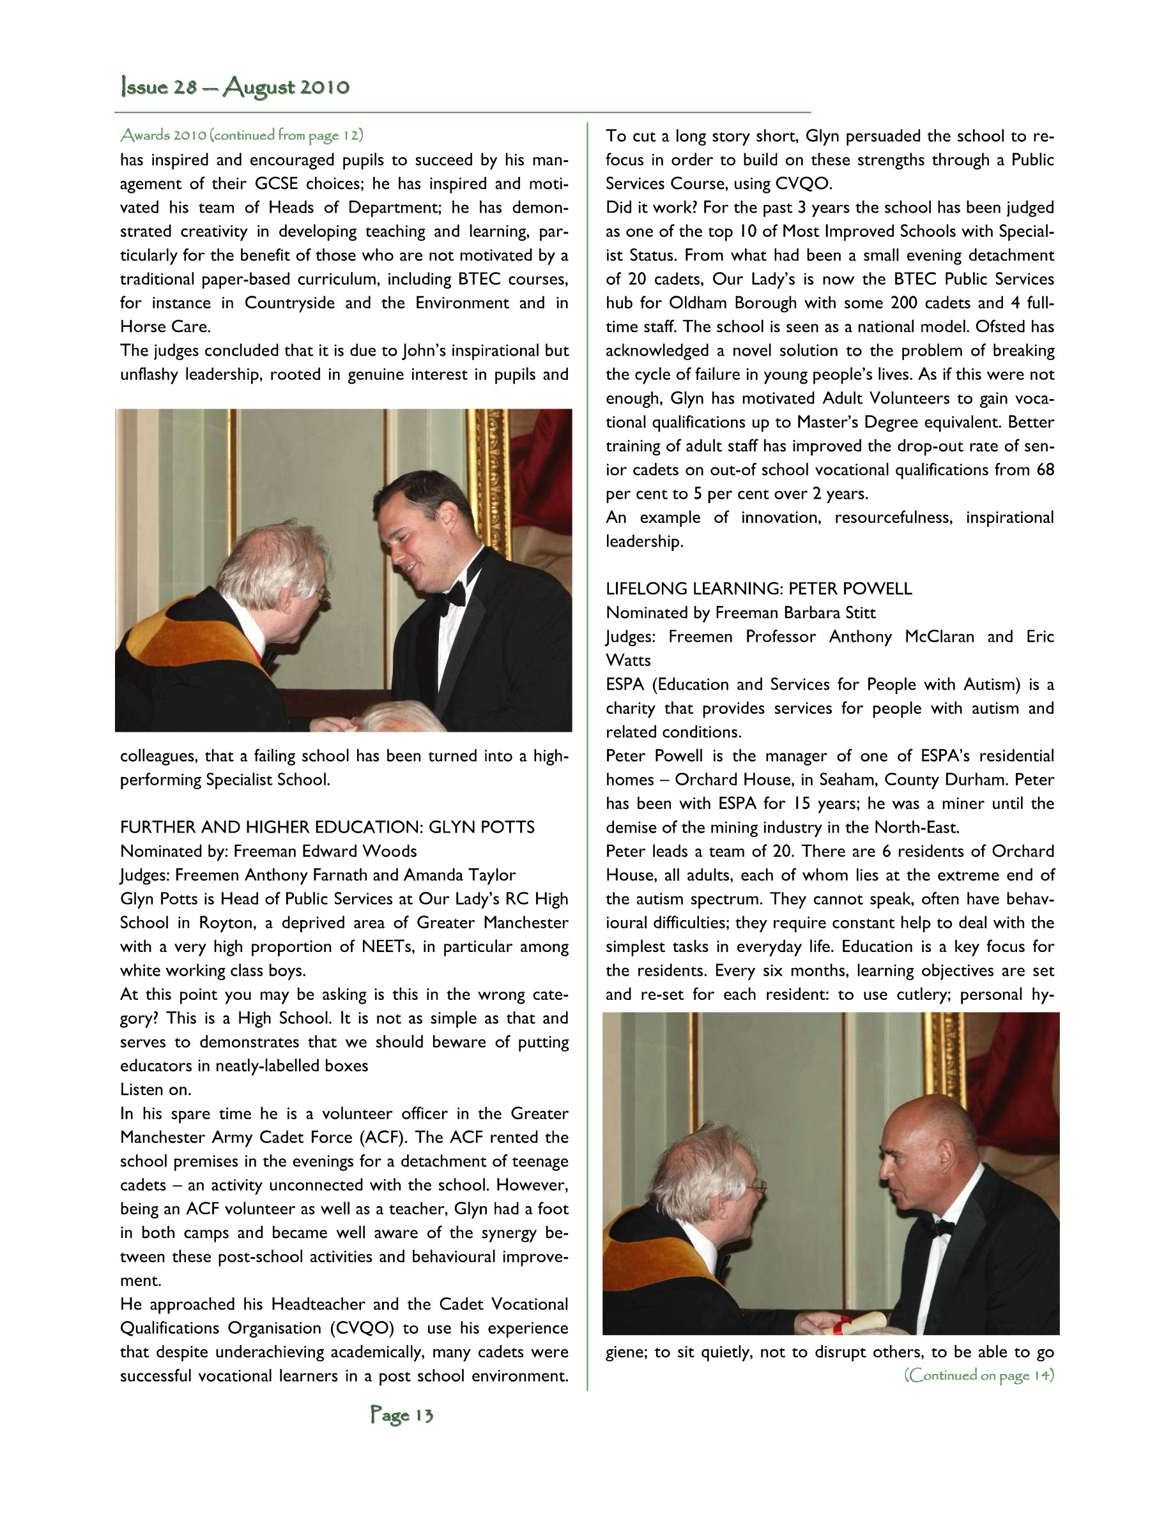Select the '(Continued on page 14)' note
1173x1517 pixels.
click(x=978, y=1375)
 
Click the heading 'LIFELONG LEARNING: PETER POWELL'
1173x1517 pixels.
click(x=759, y=589)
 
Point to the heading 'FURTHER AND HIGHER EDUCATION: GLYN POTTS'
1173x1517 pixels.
click(x=327, y=827)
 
